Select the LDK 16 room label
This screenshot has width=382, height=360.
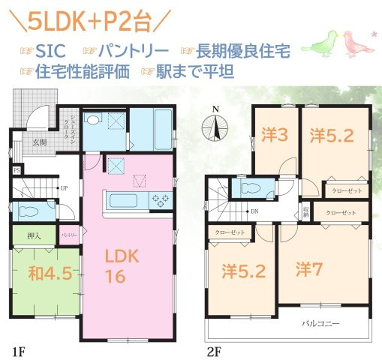coord(122,265)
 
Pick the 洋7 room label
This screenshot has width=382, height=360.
coord(308,268)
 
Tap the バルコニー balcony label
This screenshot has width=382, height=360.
coord(320,323)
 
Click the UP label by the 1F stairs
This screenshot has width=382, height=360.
coord(64,187)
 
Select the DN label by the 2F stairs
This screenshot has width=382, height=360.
coord(255,211)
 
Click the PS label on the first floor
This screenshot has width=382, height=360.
coord(16,170)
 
